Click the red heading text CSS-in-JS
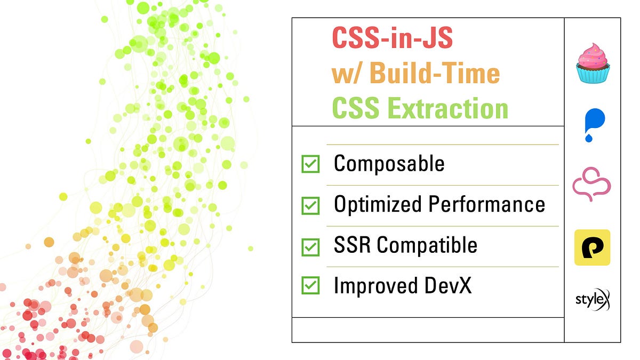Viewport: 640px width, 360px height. [393, 38]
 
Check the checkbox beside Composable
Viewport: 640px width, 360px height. [310, 164]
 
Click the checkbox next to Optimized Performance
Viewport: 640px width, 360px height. [310, 205]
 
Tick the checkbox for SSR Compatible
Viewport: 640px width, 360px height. [310, 246]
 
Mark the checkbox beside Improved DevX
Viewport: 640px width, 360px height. [310, 286]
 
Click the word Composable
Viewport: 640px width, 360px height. [389, 164]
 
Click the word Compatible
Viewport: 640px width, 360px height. [427, 245]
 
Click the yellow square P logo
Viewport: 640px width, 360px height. [592, 247]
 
